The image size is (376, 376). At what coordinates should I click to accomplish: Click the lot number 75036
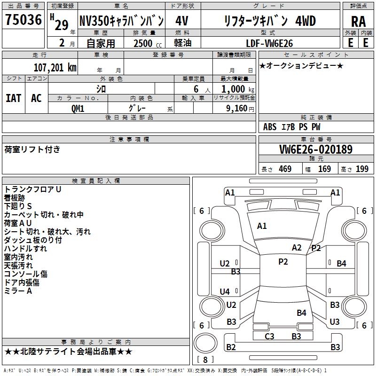coord(23,21)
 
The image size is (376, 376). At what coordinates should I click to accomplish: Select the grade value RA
coord(358,22)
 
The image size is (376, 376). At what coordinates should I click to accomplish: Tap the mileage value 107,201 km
coord(55,67)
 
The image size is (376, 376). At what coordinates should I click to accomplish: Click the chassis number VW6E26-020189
coord(316,149)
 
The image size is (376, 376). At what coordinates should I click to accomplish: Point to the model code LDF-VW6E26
coord(270,43)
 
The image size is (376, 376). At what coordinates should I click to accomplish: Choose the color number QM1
coord(78,108)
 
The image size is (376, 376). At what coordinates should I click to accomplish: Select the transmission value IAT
coord(13,98)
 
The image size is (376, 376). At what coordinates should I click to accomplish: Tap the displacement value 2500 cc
coord(142,43)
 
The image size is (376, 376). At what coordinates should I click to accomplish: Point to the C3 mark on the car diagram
coord(269,336)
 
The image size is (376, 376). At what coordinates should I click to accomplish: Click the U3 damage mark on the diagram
coord(335,322)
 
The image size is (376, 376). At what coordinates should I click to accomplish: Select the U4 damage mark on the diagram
coord(225,291)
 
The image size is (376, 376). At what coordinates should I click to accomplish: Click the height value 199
coord(362,169)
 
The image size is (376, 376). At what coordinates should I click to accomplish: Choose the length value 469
coord(285,169)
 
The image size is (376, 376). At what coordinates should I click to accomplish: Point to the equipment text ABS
coord(270,126)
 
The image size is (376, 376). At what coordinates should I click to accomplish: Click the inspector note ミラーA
coord(18,291)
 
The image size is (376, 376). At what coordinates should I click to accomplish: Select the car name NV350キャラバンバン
coord(121,21)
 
